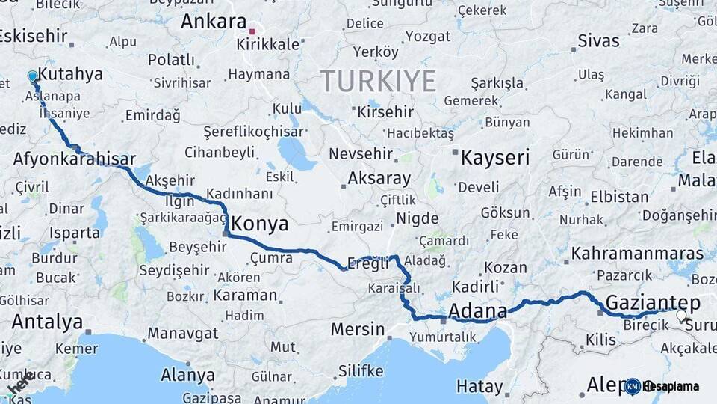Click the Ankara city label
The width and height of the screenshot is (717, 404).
tap(214, 21)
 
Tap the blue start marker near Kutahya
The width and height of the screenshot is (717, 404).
tap(32, 76)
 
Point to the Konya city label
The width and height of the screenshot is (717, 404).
tap(259, 224)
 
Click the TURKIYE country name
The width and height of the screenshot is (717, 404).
tap(378, 81)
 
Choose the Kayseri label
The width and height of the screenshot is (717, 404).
tap(494, 158)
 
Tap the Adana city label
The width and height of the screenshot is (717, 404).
tap(478, 310)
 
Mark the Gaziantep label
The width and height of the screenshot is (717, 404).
tap(653, 303)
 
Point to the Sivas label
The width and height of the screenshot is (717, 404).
tap(599, 40)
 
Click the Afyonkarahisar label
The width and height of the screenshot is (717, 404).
tap(74, 159)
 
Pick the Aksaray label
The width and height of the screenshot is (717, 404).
tap(379, 179)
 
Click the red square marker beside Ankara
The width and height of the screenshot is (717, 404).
tap(252, 31)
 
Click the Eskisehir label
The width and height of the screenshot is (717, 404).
tap(34, 36)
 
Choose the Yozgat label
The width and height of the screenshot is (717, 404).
tap(428, 36)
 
